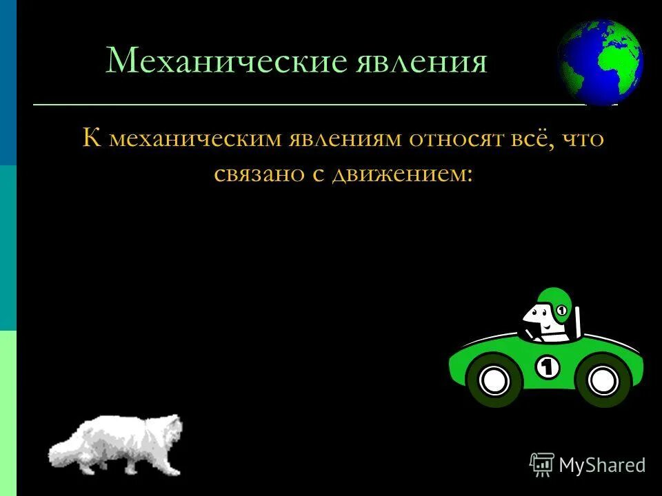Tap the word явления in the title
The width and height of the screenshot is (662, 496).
tap(422, 61)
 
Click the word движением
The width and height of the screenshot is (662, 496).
tap(401, 173)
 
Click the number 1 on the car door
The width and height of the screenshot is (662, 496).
tap(548, 367)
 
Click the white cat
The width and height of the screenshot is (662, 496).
tap(121, 444)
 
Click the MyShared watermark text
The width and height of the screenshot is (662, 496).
tap(602, 465)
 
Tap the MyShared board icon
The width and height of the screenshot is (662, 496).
tap(541, 464)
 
